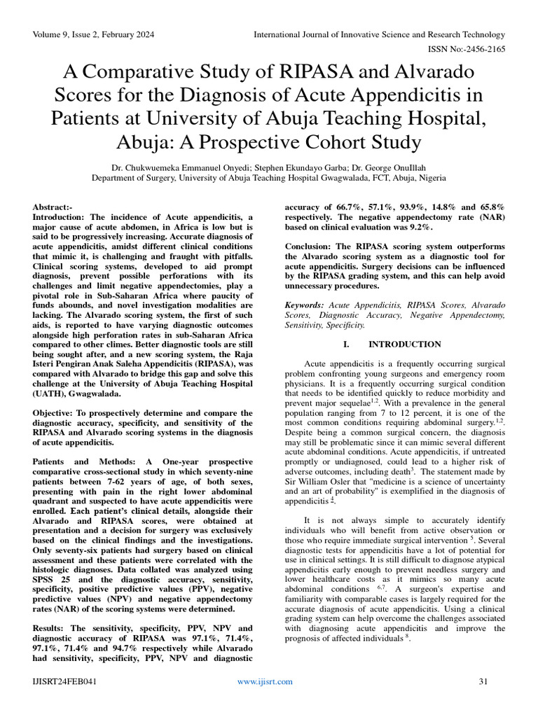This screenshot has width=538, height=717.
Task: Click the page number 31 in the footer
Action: coord(483,681)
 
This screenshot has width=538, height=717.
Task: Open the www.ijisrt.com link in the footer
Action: coord(265,681)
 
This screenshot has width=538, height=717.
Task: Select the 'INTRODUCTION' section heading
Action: coord(404,344)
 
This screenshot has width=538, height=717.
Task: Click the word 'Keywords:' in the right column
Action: coord(305,306)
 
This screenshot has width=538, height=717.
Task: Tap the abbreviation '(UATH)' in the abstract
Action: coord(51,394)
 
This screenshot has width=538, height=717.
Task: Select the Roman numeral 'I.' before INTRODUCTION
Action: coord(346,344)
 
